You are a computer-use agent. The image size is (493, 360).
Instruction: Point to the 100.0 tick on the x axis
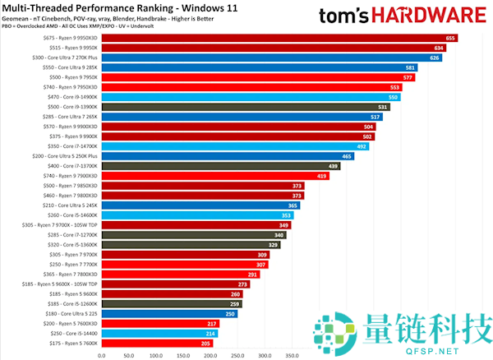pos(155,356)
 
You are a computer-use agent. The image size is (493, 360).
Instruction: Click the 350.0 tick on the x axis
pos(292,356)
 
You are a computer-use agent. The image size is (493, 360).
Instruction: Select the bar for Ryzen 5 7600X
pos(157,344)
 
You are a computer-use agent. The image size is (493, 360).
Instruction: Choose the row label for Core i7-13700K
pos(70,166)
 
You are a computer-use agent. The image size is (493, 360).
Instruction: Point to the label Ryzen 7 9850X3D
pos(70,186)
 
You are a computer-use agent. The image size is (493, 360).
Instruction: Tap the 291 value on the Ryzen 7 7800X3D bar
pos(252,275)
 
